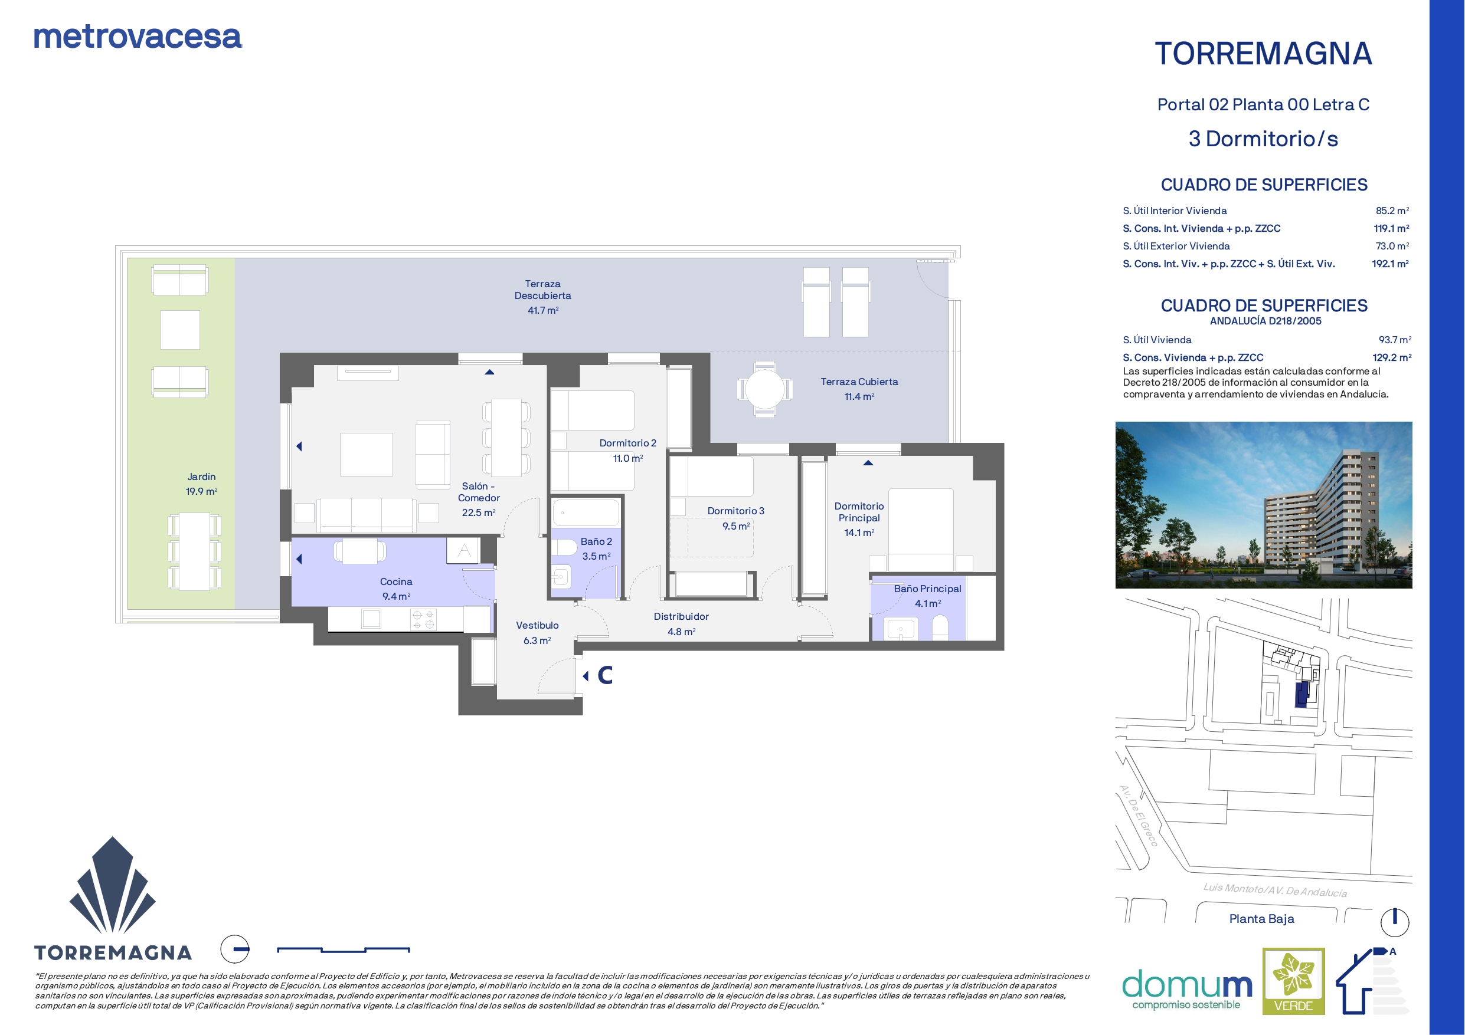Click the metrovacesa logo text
(137, 37)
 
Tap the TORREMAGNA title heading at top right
(1263, 54)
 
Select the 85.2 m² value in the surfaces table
(1392, 211)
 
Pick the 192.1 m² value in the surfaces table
(1391, 264)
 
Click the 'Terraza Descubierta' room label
(543, 290)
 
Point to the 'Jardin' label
(202, 477)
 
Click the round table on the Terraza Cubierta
(764, 389)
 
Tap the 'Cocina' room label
(396, 581)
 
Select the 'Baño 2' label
(596, 541)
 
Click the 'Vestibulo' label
(537, 626)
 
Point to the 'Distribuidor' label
(681, 617)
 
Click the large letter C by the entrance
(605, 675)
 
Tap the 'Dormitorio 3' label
(735, 511)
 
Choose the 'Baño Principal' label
(927, 589)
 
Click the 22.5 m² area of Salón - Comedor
(479, 512)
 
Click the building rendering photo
(1263, 504)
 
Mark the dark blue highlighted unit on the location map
(1302, 694)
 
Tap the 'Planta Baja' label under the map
(1261, 919)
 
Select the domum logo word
(1187, 985)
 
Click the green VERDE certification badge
(1293, 981)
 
